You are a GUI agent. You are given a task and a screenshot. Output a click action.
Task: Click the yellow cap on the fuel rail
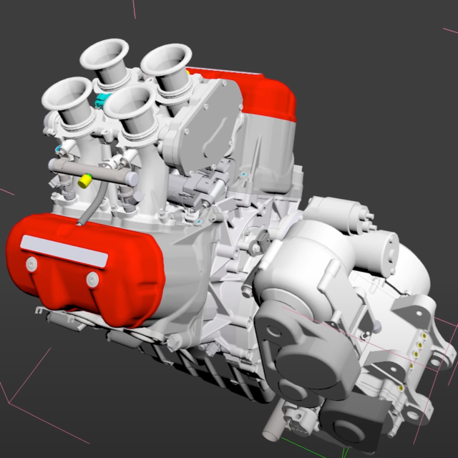pyautogui.click(x=84, y=180)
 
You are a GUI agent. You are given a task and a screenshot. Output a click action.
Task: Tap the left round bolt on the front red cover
pyautogui.click(x=31, y=265)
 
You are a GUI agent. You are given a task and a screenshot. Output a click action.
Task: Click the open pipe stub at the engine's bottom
pyautogui.click(x=272, y=434)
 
